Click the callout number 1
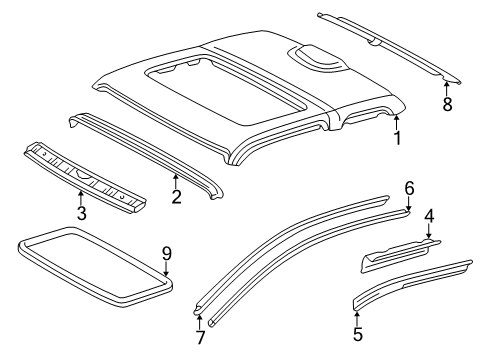click(397, 137)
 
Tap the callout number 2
click(176, 196)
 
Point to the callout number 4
click(428, 242)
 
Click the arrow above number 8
click(446, 86)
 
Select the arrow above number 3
click(81, 197)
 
